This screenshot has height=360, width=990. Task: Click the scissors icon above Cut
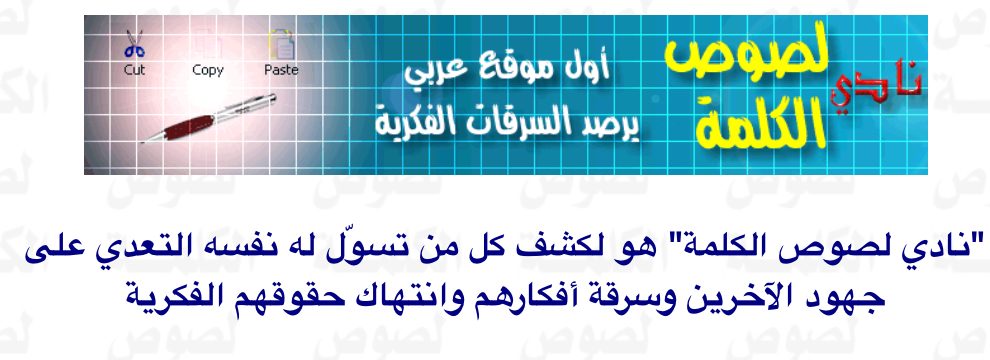click(134, 44)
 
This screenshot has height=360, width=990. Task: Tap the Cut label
click(134, 70)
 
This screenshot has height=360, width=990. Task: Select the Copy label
click(208, 71)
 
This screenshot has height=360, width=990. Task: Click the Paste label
click(281, 70)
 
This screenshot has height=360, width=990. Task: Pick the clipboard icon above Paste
click(282, 45)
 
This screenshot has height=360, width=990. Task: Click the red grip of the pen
click(187, 124)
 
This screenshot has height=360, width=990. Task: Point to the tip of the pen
click(141, 142)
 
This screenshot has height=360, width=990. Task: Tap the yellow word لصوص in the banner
click(747, 61)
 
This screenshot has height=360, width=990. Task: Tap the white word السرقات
click(525, 123)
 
